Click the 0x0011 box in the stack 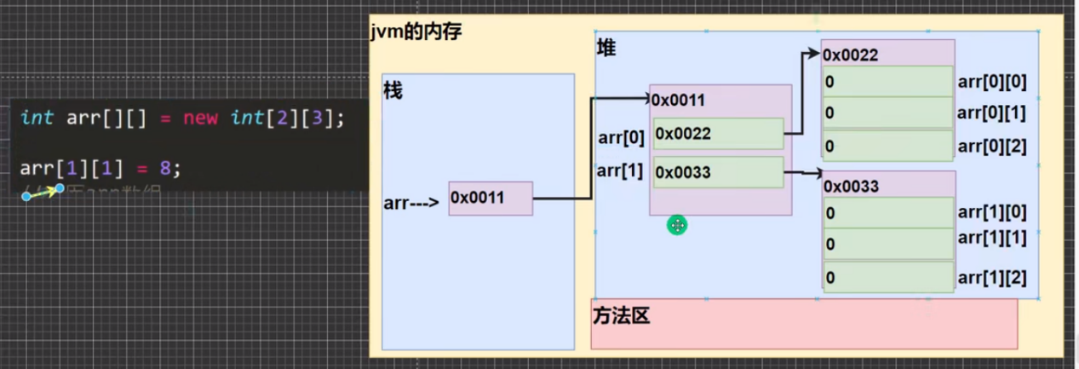click(x=490, y=199)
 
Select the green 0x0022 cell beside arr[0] click(x=718, y=134)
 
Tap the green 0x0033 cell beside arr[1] click(x=718, y=173)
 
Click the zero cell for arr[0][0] click(x=887, y=82)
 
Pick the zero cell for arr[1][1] click(x=887, y=245)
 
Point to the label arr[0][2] click(x=992, y=147)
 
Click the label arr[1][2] click(x=992, y=277)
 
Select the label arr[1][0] click(x=992, y=212)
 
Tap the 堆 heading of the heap click(x=606, y=49)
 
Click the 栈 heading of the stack click(x=393, y=91)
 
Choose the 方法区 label click(x=621, y=317)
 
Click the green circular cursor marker click(x=677, y=225)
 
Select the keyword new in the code click(x=200, y=118)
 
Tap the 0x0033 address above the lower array click(x=852, y=187)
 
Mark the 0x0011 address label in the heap click(x=679, y=101)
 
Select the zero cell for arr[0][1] click(x=887, y=113)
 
